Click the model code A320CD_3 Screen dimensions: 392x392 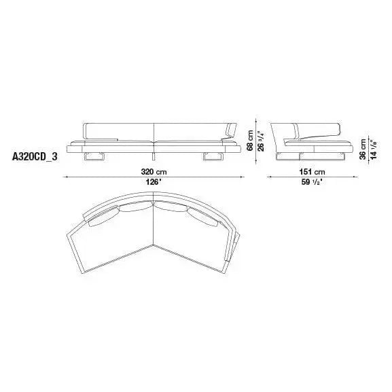35,157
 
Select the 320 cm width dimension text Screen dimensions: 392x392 154,172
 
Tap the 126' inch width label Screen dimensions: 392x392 154,182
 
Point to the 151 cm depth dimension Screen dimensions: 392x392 313,172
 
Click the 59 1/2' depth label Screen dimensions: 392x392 312,182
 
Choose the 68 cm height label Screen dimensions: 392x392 250,141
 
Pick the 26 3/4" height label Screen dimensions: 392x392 261,141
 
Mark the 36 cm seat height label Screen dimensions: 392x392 363,149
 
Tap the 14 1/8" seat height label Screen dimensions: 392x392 373,149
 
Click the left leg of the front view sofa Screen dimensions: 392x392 94,156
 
